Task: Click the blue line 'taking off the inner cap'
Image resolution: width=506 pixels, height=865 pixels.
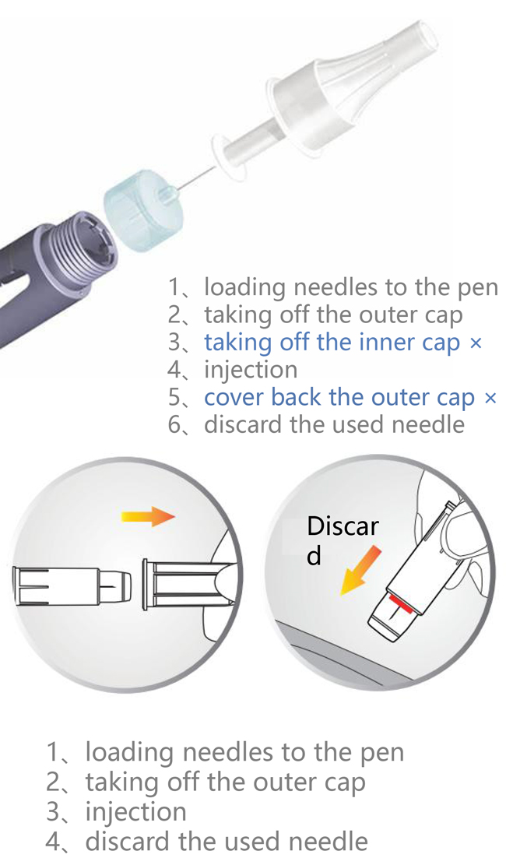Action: [332, 343]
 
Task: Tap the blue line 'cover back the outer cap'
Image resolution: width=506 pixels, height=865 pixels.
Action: [339, 397]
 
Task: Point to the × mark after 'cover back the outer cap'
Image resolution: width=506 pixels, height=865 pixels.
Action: [490, 398]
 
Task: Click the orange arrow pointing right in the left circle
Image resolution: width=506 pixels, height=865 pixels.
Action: [148, 516]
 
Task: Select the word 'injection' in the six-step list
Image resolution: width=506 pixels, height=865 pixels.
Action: [251, 370]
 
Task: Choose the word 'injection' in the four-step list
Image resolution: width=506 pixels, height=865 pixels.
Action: [135, 811]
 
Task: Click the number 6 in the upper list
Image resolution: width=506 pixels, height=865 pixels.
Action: [175, 425]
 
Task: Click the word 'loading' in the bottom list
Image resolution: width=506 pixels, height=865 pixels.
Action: [129, 753]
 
